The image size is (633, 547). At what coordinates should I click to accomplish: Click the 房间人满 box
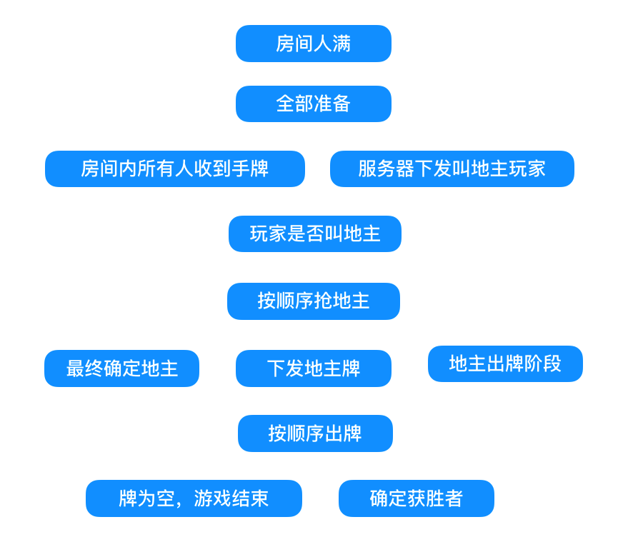point(314,44)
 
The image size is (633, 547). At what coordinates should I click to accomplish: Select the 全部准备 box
point(314,104)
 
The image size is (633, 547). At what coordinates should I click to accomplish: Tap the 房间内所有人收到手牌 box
point(175,169)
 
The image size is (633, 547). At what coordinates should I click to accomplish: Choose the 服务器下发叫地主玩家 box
point(452,169)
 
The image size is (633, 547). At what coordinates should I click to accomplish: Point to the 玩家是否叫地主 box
point(315,234)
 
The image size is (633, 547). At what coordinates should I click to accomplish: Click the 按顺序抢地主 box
point(314,301)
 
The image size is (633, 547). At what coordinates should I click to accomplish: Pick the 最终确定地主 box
point(122,368)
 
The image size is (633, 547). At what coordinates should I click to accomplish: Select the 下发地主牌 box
point(314,368)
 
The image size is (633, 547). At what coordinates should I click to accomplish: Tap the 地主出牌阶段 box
point(505,364)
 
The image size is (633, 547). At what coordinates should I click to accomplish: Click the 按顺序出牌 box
point(315,433)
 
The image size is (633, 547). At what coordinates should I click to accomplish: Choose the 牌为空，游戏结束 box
point(194,498)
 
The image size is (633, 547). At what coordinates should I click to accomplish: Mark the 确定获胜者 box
point(417,498)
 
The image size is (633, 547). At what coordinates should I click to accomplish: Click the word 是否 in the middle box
point(306,234)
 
